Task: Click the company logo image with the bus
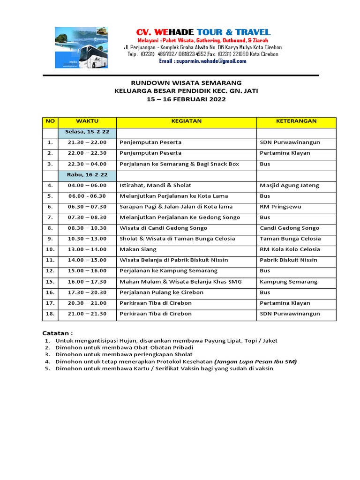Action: (x=81, y=48)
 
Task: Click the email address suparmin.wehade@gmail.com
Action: (x=202, y=61)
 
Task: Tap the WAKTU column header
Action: (x=87, y=121)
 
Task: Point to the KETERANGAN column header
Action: (x=296, y=121)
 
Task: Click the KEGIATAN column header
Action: (x=186, y=121)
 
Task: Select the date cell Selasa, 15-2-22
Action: (x=87, y=132)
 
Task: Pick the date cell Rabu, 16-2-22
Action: (x=87, y=174)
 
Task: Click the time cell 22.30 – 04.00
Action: (x=87, y=164)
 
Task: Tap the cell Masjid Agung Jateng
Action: (x=289, y=185)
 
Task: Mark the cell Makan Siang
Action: (x=138, y=249)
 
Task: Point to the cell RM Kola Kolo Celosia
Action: (x=290, y=249)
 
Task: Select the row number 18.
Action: (x=50, y=314)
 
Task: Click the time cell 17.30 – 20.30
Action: (x=87, y=292)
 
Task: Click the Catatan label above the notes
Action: (x=58, y=333)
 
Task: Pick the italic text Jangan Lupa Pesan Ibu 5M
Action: (x=255, y=361)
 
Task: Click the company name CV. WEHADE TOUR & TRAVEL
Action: (x=203, y=32)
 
